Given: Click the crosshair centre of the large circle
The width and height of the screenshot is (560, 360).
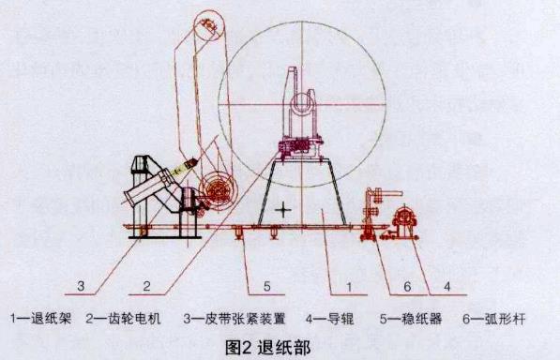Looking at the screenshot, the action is point(302,102).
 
